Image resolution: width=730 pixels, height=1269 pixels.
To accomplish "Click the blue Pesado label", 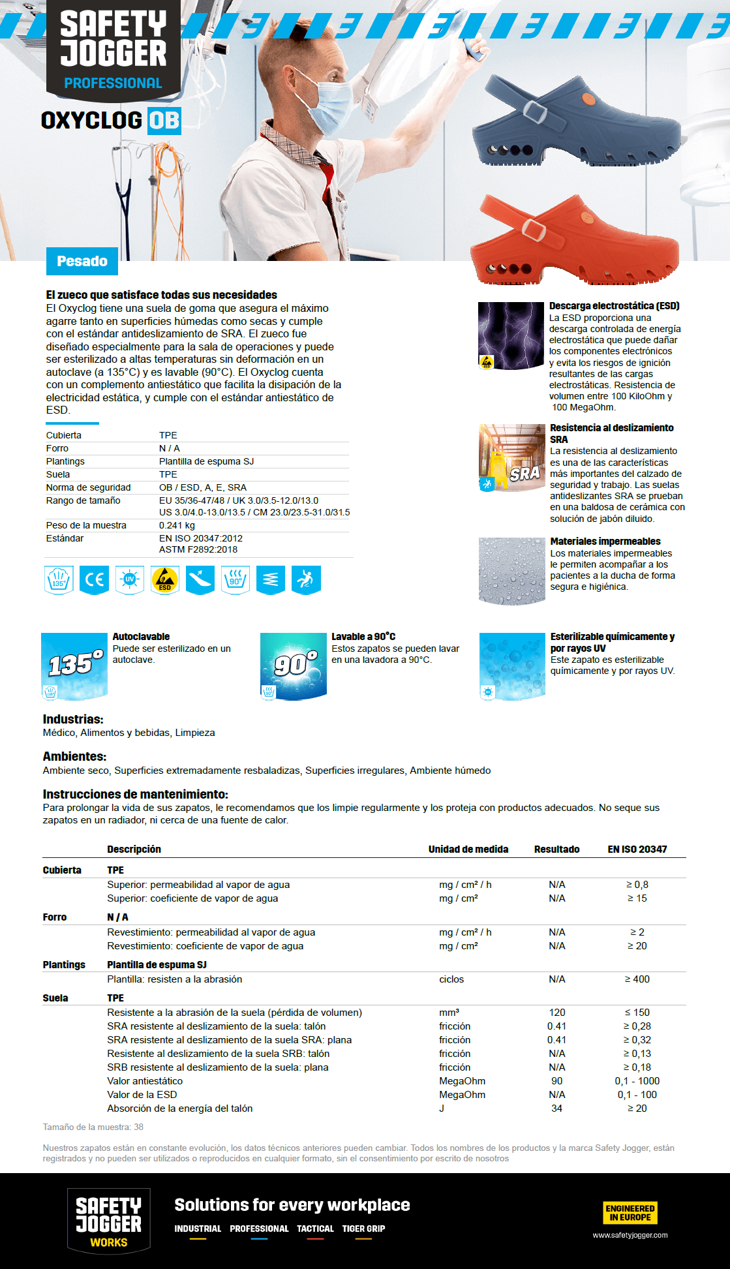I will click(x=82, y=261).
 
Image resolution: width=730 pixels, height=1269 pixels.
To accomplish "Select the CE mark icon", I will click(x=95, y=579).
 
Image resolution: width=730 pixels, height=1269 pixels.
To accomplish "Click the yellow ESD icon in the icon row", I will click(x=164, y=579).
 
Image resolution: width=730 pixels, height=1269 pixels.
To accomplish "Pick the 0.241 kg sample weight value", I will click(x=177, y=525).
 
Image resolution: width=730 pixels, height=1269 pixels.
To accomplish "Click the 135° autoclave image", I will click(x=74, y=666).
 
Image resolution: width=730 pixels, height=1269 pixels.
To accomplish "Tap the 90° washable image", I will click(x=294, y=666).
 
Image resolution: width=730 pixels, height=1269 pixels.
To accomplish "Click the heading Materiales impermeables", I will click(x=605, y=542).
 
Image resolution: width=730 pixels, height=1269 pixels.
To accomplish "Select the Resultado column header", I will click(x=556, y=849).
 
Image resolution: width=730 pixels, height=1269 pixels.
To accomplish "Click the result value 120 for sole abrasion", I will click(x=556, y=1012).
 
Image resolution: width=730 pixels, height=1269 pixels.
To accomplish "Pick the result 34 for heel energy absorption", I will click(x=556, y=1108).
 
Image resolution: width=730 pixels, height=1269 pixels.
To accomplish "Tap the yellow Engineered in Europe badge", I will click(x=630, y=1212).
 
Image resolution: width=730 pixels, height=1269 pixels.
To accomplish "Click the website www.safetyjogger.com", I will click(x=630, y=1235).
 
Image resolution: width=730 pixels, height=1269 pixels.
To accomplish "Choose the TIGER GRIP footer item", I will click(x=363, y=1229).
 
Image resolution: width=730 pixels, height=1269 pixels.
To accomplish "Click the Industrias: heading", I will click(x=73, y=719).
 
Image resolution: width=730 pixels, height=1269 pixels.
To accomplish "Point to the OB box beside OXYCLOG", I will click(x=164, y=121).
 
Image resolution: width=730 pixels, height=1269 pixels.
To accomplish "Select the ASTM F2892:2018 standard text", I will click(x=198, y=549).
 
